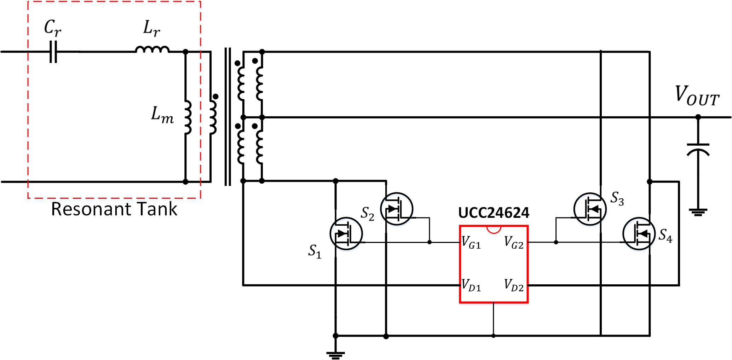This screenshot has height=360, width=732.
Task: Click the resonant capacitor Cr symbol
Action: coord(53,52)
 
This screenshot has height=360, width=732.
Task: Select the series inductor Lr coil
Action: coord(152,50)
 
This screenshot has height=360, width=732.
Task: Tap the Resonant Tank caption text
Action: coord(114,209)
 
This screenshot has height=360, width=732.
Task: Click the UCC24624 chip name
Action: coord(494,213)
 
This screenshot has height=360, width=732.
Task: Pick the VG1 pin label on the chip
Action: coord(471,243)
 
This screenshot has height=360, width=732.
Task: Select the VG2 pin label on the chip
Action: coord(514,243)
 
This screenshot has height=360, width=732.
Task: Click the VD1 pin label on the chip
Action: coord(471,285)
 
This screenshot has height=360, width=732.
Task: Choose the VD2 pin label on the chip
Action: coord(514,285)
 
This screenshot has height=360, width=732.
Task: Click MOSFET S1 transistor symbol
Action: coord(346,233)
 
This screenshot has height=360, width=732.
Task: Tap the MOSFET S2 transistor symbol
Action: coord(397,209)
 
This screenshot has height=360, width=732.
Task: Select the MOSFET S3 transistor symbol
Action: coord(590,209)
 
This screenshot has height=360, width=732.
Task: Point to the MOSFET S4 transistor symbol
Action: coord(639,233)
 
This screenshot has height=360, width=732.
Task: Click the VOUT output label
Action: coord(697,96)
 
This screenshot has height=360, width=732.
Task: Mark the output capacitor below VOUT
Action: coord(698,149)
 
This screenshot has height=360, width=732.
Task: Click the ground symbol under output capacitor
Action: coord(698,212)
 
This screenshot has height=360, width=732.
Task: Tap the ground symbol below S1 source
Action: coord(335,355)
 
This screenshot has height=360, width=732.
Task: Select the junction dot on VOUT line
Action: coord(698,117)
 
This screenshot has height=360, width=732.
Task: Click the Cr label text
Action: coord(52,27)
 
